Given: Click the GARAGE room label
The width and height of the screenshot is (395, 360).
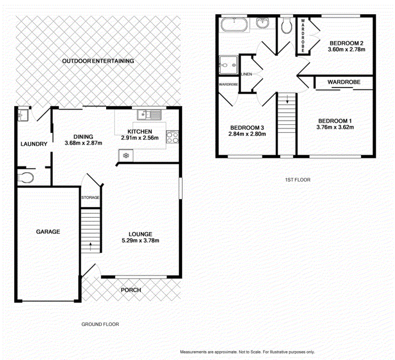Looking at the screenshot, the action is (48, 232).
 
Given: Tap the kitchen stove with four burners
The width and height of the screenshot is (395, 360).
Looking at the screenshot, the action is (172, 138).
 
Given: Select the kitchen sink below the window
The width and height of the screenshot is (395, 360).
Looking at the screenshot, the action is (149, 115).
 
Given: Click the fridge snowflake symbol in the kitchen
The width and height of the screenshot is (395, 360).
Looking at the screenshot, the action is (125, 156).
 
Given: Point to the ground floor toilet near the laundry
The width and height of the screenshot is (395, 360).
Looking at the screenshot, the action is (26, 177).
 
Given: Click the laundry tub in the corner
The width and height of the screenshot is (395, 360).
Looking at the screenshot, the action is (23, 115).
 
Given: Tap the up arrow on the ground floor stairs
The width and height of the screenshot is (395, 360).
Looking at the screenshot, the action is (90, 245).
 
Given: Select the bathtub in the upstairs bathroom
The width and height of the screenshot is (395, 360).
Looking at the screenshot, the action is (234, 24).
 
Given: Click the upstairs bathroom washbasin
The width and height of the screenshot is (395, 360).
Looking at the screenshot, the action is (263, 23).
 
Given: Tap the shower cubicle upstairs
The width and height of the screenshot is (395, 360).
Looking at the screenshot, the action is (228, 65).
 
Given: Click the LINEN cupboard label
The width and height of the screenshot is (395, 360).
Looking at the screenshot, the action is (246, 74).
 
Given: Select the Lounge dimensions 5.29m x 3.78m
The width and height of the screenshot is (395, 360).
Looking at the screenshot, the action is (140, 240).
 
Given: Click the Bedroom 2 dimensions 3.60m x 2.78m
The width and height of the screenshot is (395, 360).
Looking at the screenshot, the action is (347, 49).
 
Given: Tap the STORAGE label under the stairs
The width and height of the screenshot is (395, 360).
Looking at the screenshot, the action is (90, 198).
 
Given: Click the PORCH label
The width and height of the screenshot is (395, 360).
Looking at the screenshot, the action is (131, 290).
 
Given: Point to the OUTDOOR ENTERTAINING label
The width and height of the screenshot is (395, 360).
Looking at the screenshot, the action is (98, 61).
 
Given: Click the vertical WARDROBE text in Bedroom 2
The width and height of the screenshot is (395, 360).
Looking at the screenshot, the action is (303, 35).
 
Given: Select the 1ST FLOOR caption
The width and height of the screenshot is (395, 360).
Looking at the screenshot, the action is (298, 180).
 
